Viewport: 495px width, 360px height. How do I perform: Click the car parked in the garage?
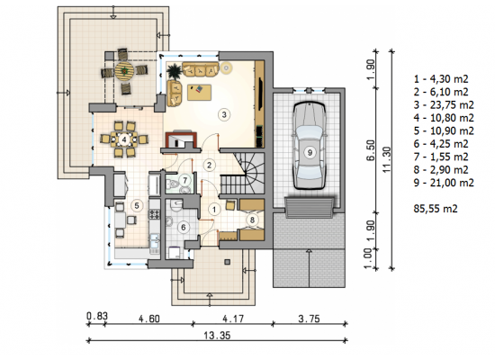310,146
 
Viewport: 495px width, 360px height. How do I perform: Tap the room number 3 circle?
224,114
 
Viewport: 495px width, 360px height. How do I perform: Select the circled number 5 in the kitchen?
137,205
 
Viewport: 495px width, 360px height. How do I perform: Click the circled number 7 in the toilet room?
185,180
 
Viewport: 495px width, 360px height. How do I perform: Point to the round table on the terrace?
124,71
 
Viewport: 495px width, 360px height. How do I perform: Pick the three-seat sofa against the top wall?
201,69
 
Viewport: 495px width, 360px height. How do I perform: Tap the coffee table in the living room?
199,92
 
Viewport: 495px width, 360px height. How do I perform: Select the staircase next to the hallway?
242,174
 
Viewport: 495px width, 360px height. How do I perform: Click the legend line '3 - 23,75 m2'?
444,104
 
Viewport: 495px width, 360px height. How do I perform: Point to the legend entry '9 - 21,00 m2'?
444,183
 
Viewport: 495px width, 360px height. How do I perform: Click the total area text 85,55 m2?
436,209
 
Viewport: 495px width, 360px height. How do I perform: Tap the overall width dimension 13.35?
217,335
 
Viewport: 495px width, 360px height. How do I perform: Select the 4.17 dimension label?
233,319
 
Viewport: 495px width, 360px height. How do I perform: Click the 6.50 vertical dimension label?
371,150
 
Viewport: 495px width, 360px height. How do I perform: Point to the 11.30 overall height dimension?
387,160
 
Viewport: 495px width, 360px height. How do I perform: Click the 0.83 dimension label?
97,316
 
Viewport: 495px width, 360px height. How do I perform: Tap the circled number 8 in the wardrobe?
252,220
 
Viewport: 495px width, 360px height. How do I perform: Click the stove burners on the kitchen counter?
155,214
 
